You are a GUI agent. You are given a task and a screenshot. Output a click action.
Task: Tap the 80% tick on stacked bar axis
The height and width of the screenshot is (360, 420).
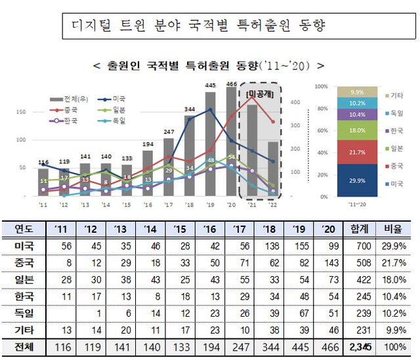322,108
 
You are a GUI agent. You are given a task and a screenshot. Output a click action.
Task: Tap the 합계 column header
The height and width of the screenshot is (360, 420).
360,229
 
